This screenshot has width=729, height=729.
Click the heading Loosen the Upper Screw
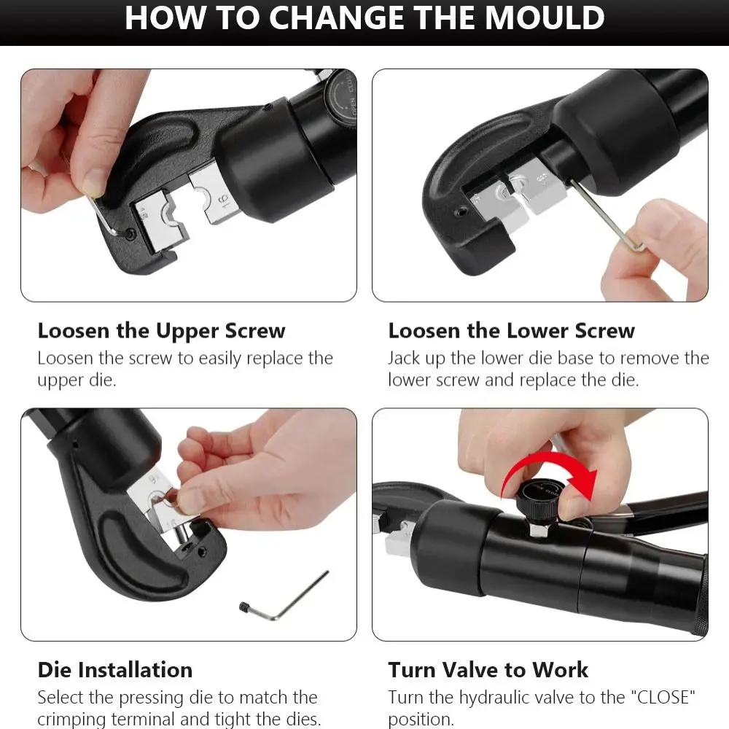pos(161,330)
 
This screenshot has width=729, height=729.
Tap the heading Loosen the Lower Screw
pos(511,330)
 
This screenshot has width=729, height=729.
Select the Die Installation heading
pos(115,669)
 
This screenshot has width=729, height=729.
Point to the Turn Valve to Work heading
pos(488,669)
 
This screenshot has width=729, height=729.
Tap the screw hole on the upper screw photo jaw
pos(130,235)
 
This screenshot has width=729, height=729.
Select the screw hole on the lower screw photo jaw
pos(459,211)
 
